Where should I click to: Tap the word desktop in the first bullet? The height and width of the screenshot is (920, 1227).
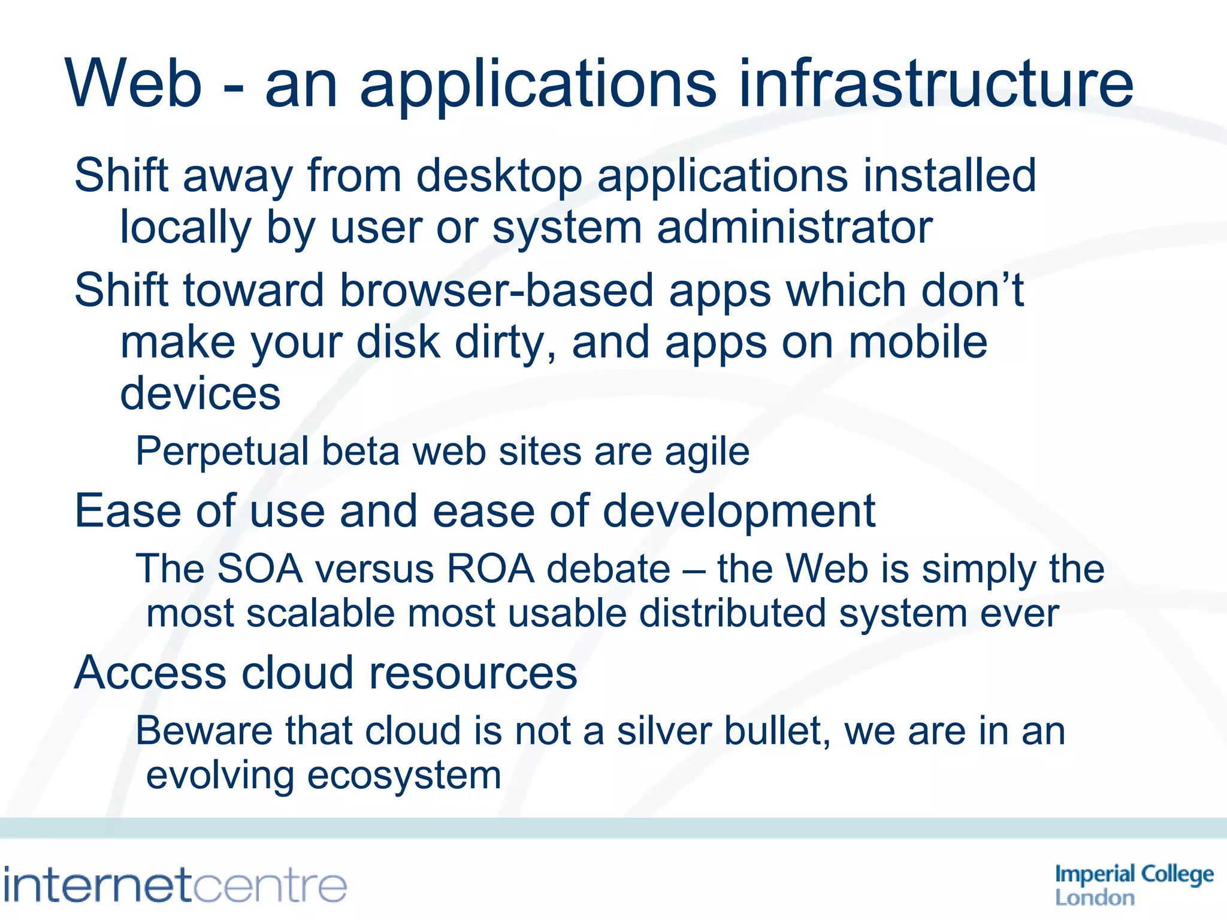(x=499, y=177)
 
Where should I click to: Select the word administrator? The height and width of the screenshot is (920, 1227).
(x=794, y=229)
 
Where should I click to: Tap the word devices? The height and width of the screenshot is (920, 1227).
(x=200, y=394)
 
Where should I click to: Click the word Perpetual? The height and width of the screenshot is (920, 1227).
(x=222, y=452)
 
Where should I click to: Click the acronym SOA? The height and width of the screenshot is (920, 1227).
(x=259, y=569)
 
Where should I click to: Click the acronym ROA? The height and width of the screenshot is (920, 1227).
(x=490, y=569)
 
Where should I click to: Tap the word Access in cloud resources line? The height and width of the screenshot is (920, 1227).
(x=150, y=673)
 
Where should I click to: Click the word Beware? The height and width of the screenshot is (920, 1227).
(x=204, y=731)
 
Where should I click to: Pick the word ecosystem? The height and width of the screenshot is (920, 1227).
(x=404, y=777)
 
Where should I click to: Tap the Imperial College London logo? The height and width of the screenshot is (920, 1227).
(x=1134, y=884)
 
